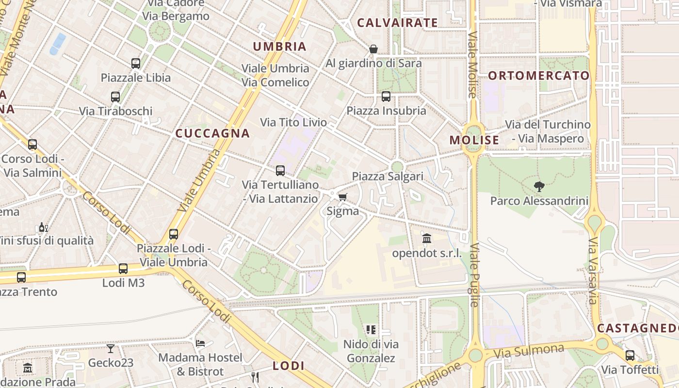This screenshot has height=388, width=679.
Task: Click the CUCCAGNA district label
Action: [212, 133]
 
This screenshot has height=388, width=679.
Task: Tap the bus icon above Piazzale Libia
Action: [136, 64]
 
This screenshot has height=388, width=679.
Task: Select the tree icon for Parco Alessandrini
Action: [539, 187]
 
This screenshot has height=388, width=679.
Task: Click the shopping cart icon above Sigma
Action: [343, 197]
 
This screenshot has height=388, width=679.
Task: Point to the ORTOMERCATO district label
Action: [539, 76]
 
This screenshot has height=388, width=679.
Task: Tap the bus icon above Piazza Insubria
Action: [386, 97]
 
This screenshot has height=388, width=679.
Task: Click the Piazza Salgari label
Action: [388, 176]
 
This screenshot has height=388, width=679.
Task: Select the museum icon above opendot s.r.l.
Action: [427, 239]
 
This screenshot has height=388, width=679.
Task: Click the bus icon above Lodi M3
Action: [123, 269]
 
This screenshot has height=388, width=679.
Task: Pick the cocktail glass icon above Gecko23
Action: [111, 349]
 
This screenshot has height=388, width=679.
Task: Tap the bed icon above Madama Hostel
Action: [200, 343]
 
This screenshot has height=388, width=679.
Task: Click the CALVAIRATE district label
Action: [397, 23]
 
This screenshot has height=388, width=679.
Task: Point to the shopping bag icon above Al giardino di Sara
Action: [373, 49]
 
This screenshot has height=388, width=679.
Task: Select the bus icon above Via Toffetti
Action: [630, 356]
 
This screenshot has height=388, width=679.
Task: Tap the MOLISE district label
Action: [474, 140]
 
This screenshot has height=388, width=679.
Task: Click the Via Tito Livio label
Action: [293, 122]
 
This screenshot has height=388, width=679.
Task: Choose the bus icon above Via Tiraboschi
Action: [115, 97]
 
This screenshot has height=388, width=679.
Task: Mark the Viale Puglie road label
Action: [474, 275]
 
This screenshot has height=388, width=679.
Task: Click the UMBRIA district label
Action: [280, 47]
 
